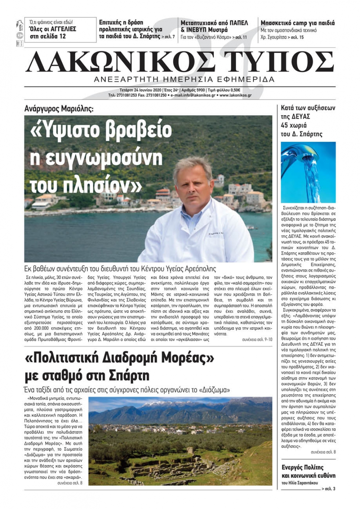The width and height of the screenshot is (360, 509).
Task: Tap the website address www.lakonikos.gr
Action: point(235,95)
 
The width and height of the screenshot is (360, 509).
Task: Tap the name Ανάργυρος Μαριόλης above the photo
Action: point(59,108)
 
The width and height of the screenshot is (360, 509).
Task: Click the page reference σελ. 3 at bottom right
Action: point(330,488)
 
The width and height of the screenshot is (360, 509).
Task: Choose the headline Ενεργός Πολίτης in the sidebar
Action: point(302,467)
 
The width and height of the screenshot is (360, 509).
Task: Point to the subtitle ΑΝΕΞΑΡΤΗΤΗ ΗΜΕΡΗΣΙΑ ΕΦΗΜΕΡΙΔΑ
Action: point(184,79)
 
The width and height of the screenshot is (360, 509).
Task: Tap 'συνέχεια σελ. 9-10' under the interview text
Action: point(257,339)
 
